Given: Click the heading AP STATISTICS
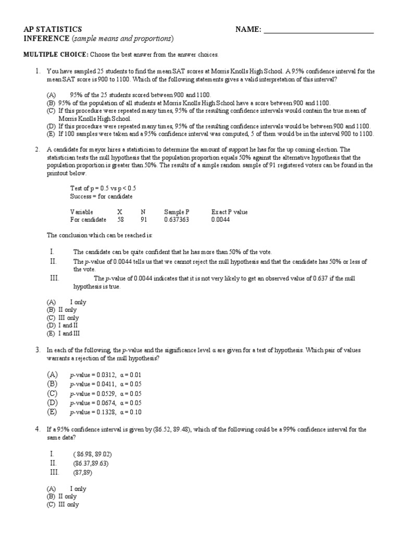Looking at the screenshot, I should click(53, 29).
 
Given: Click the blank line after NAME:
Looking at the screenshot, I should click(319, 30).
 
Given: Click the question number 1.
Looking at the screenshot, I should click(38, 71).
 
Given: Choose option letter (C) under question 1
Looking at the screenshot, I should click(51, 111).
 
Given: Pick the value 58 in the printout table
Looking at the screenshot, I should click(120, 220).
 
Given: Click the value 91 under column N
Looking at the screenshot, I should click(144, 220).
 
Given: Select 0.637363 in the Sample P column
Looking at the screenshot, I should click(177, 220).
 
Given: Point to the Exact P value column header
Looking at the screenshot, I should click(229, 212).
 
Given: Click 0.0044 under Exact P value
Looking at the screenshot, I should click(220, 220).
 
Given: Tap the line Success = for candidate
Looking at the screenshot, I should click(101, 196).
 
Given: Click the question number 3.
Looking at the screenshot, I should click(38, 350).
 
